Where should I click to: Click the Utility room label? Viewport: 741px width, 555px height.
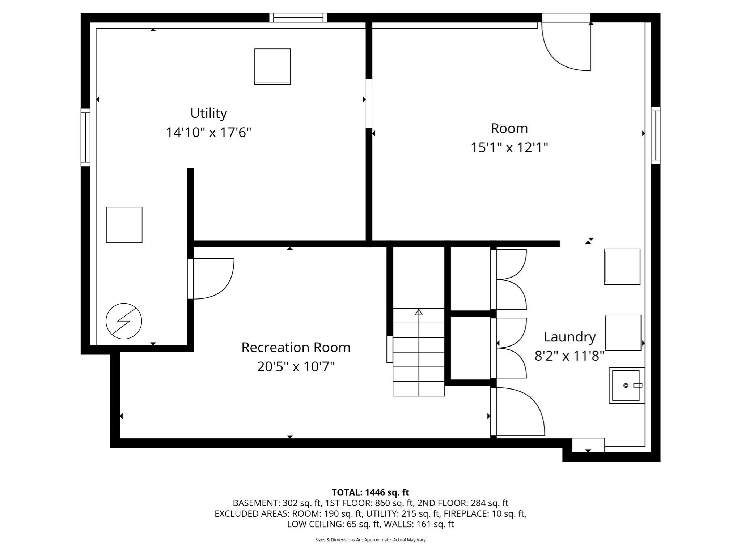(209, 113)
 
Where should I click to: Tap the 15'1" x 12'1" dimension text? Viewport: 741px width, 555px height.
(509, 148)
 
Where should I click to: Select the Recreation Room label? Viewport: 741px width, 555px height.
(296, 348)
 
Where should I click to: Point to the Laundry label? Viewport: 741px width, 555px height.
(569, 337)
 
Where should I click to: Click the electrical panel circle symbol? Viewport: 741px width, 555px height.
(124, 321)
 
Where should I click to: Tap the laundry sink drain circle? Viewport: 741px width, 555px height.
(626, 386)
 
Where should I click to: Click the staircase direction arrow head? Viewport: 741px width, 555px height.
(419, 312)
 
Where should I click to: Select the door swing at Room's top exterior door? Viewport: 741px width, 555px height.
(566, 47)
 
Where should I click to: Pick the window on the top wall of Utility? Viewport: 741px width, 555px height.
(298, 18)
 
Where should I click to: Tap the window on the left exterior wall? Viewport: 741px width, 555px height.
(85, 137)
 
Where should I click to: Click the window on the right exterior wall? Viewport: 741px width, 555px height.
(655, 135)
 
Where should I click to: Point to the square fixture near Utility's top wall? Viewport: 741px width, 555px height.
(272, 66)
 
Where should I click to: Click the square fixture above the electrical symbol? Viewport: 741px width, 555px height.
(124, 225)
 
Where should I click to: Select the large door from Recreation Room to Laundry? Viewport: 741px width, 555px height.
(517, 412)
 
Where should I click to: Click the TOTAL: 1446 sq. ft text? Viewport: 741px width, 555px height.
(370, 492)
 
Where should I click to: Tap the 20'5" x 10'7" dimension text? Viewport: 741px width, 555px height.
(296, 367)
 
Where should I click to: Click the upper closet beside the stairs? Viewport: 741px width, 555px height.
(470, 279)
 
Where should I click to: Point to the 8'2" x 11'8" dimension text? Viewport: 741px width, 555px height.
(569, 356)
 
